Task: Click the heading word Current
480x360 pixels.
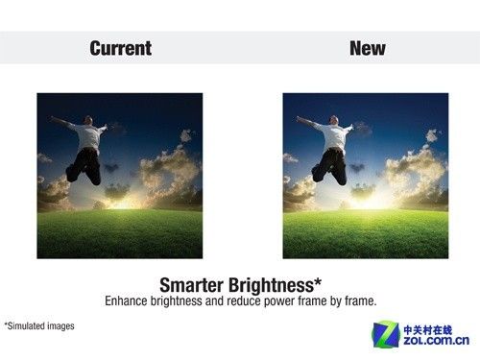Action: tap(121, 48)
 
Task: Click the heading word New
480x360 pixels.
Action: tap(368, 48)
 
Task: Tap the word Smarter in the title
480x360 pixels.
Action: tap(191, 285)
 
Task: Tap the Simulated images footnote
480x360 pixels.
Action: tap(39, 326)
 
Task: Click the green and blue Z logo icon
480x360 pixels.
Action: tap(386, 334)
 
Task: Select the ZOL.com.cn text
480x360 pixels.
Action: tap(436, 341)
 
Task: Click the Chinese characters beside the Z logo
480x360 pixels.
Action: tap(427, 330)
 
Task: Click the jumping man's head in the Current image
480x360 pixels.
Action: tap(87, 120)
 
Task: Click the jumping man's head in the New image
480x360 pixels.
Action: tap(334, 120)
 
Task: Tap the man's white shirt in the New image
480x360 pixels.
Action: tap(334, 136)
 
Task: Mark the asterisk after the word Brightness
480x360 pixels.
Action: tap(318, 282)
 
